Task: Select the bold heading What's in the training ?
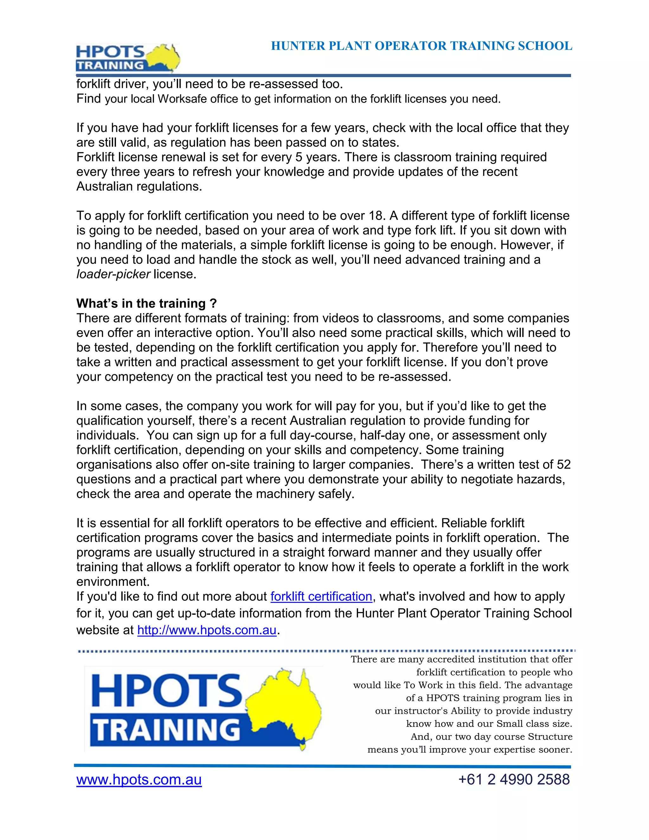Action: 146,303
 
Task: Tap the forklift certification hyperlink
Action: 321,597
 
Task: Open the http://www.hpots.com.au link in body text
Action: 207,630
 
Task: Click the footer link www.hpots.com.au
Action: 139,780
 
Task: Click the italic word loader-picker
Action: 113,274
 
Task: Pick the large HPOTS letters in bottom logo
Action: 166,691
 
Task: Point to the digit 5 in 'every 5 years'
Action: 299,157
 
